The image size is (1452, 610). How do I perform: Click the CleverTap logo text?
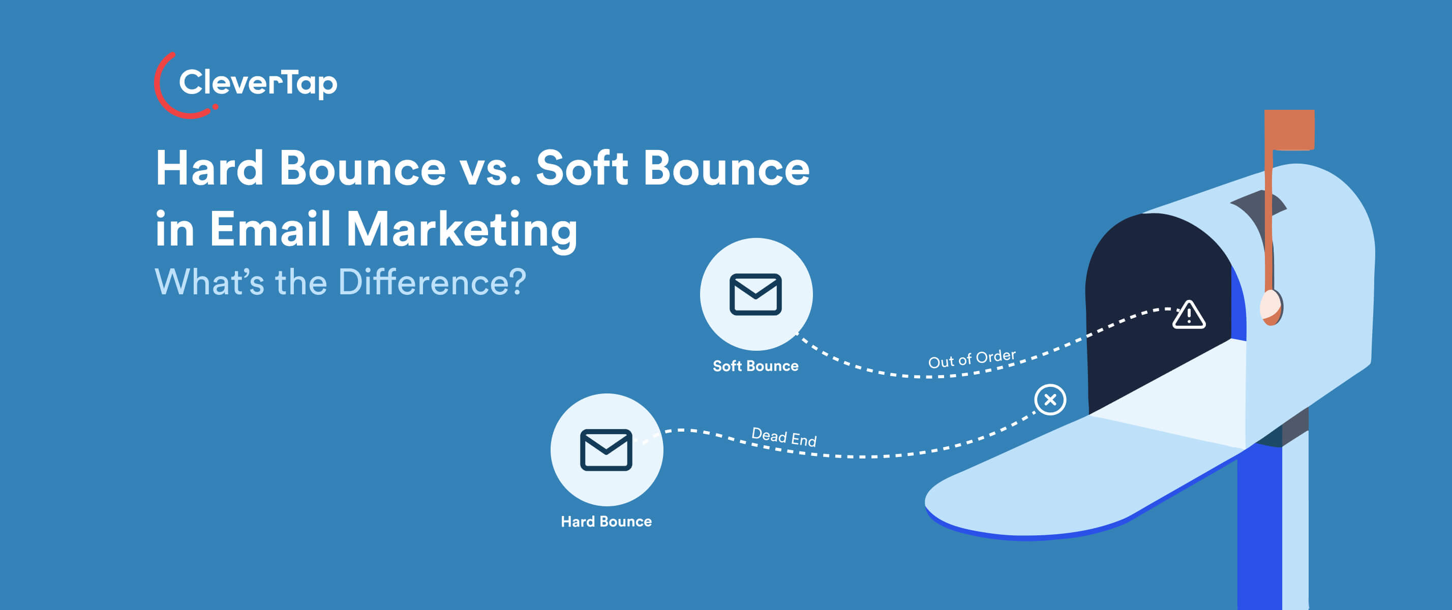tap(258, 83)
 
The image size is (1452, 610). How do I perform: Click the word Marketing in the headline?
tap(462, 230)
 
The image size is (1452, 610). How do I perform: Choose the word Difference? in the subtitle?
tap(432, 282)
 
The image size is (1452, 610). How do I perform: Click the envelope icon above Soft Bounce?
tap(755, 294)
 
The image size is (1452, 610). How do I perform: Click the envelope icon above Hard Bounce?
tap(606, 450)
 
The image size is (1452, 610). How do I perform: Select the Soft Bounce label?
tap(755, 366)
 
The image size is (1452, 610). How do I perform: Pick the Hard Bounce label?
tap(606, 522)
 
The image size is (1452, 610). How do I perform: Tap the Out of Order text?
tap(972, 358)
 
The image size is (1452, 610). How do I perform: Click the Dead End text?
tap(783, 437)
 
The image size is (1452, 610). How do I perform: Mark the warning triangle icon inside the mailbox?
tap(1188, 315)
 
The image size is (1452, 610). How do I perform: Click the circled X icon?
tap(1049, 400)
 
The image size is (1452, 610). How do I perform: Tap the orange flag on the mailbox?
tap(1289, 130)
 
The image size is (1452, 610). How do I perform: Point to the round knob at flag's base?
tap(1270, 307)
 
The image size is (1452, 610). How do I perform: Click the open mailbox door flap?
tap(1071, 479)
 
